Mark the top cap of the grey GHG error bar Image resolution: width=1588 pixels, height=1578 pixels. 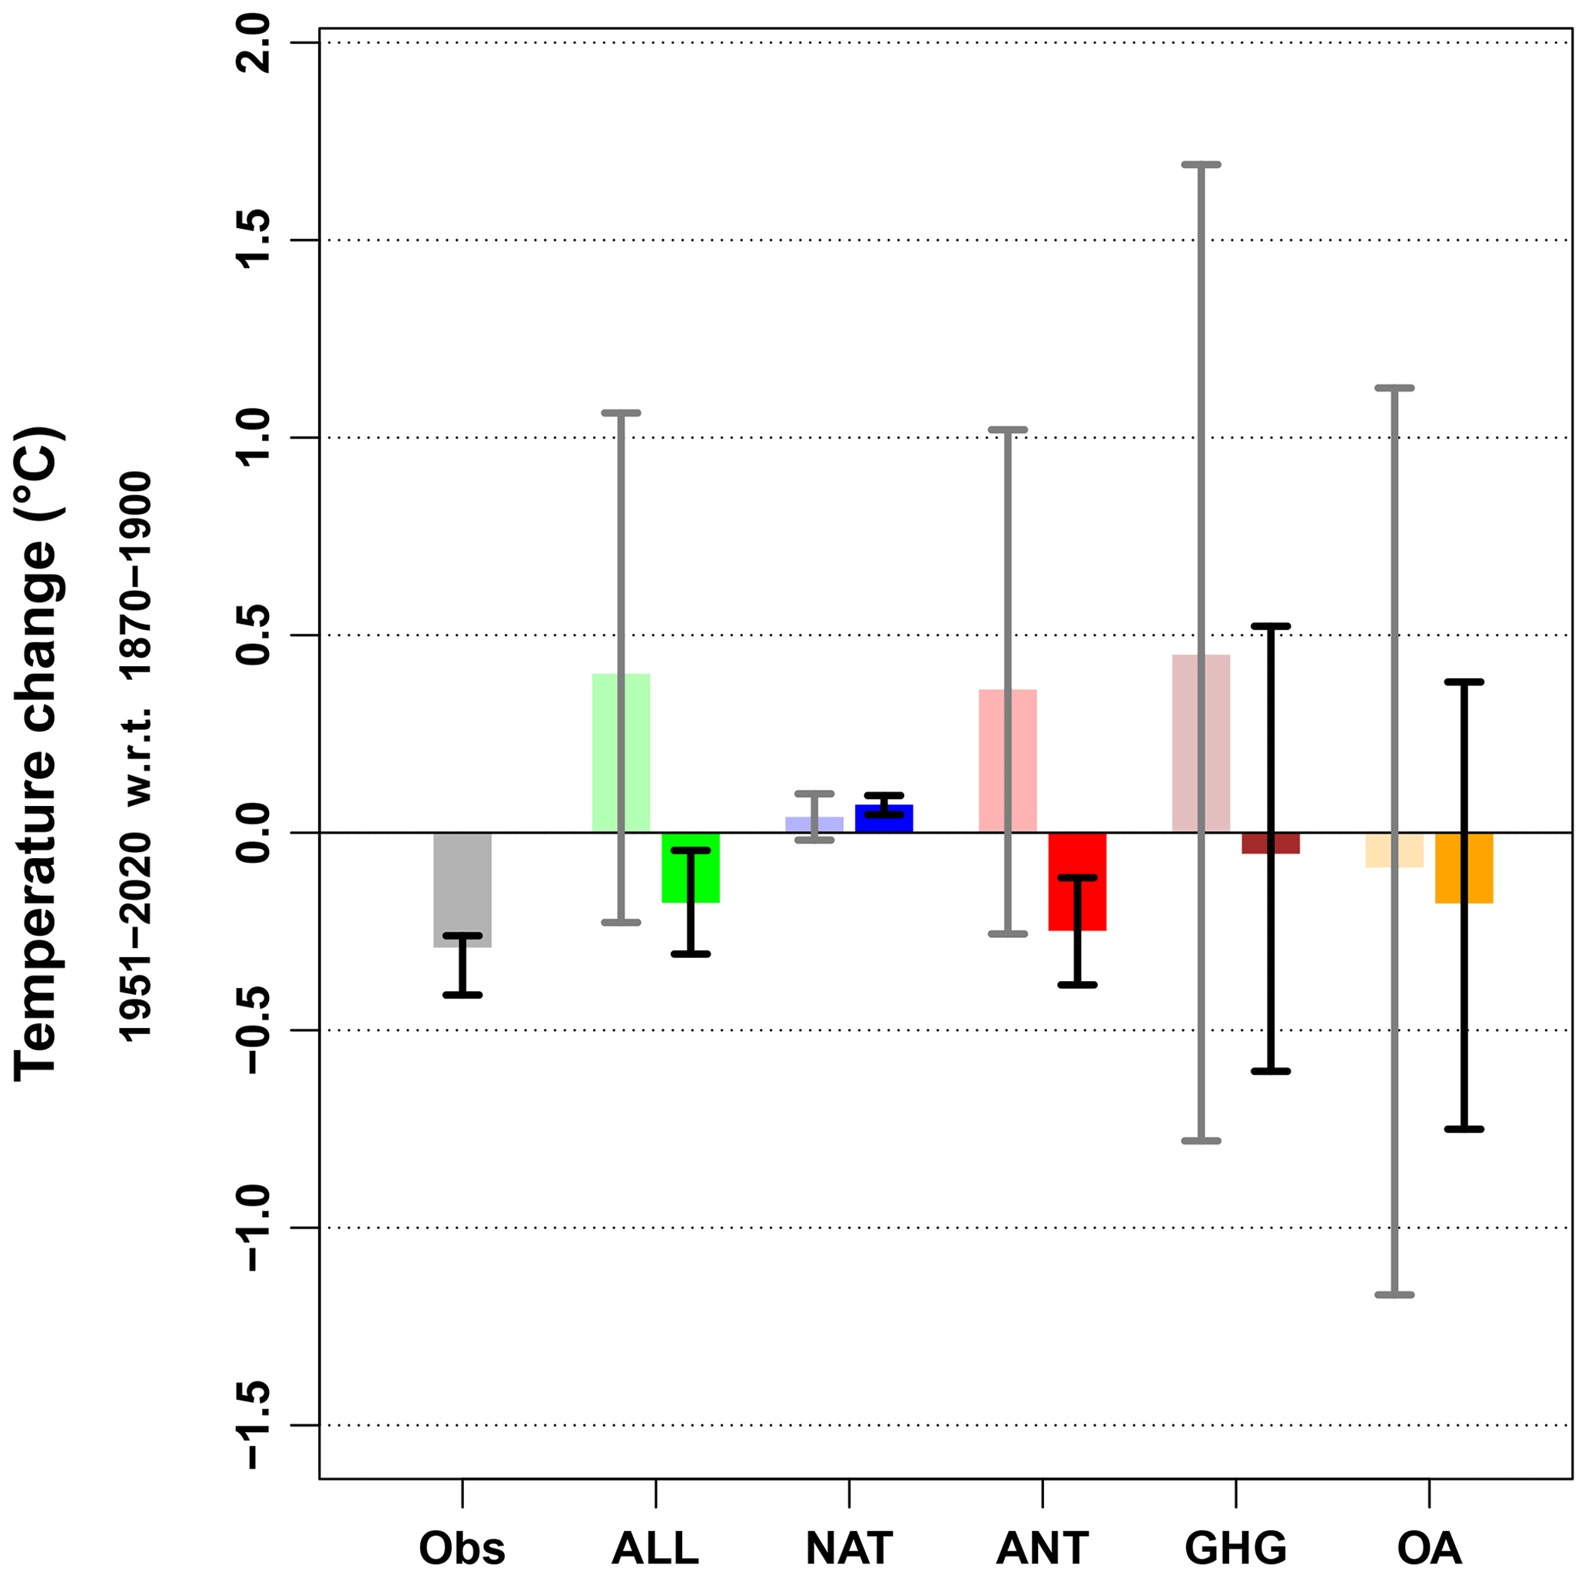coord(1201,164)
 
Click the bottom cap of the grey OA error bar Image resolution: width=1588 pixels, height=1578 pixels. coord(1394,1295)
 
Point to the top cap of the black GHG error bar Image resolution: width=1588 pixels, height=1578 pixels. coord(1270,626)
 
